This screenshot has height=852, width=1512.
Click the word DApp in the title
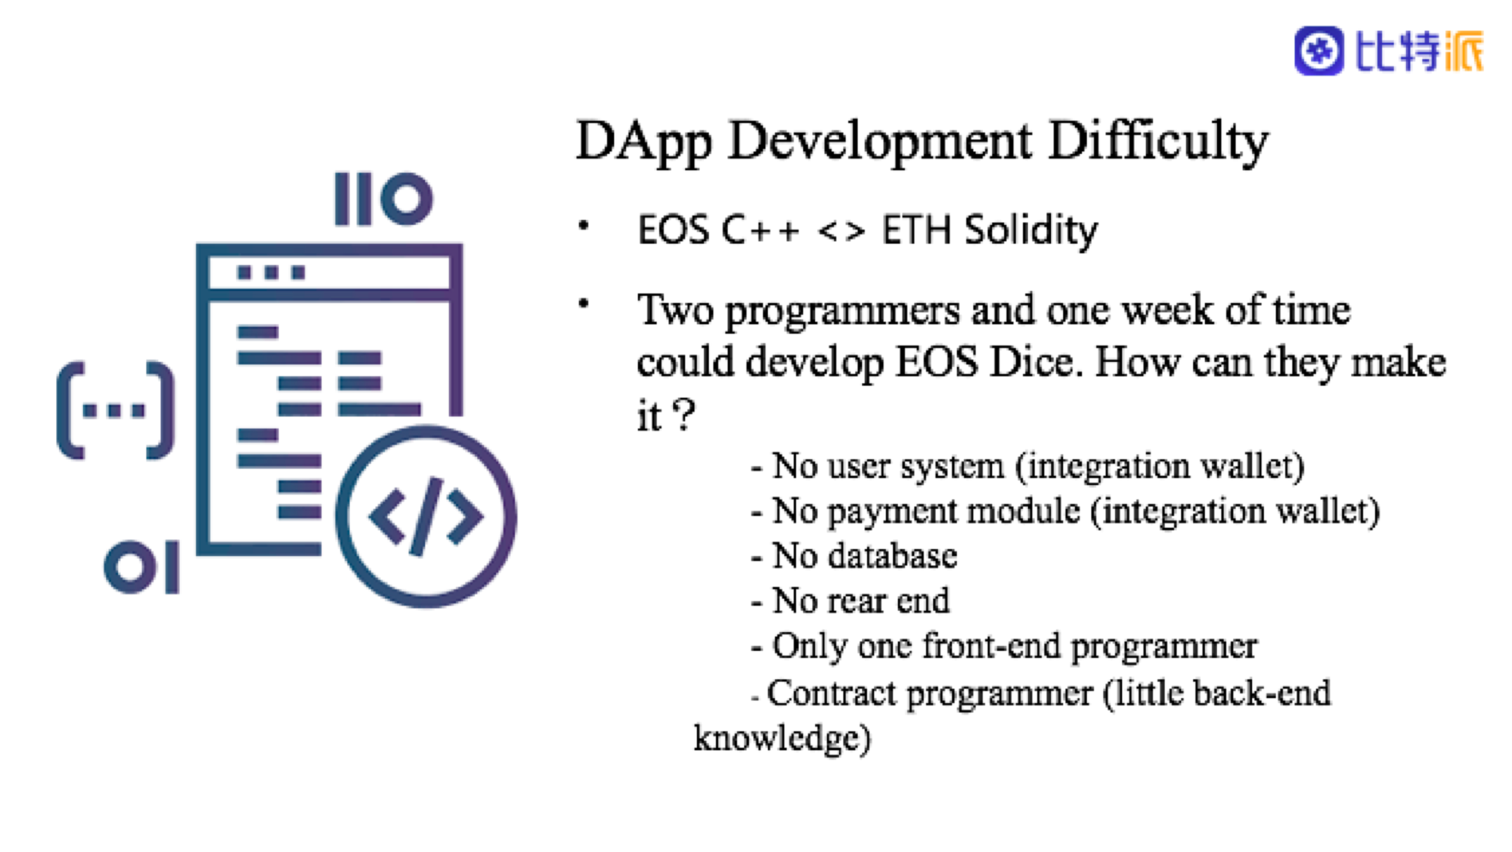pyautogui.click(x=643, y=141)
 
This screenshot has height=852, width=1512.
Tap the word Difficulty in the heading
pyautogui.click(x=1159, y=141)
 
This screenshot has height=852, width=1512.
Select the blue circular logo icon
pyautogui.click(x=1319, y=51)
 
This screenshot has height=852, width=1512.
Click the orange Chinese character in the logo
pyautogui.click(x=1464, y=51)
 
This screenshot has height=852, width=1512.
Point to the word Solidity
pyautogui.click(x=1031, y=230)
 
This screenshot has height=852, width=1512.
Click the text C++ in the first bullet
pyautogui.click(x=760, y=230)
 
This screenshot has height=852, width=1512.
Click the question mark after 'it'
pyautogui.click(x=684, y=415)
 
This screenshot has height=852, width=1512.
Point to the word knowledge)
pyautogui.click(x=782, y=738)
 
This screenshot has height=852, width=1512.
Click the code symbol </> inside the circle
pyautogui.click(x=425, y=517)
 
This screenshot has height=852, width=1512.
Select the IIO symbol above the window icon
pyautogui.click(x=384, y=198)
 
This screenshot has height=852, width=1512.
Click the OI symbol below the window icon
pyautogui.click(x=141, y=566)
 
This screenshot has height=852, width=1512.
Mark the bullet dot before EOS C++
pyautogui.click(x=583, y=226)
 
